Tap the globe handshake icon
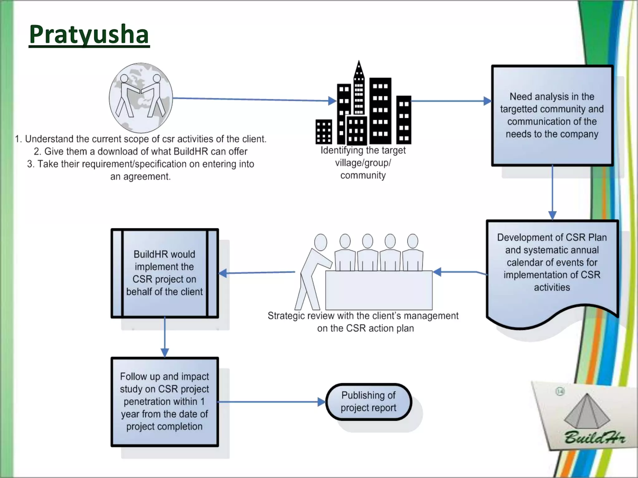(141, 98)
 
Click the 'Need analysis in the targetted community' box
(552, 115)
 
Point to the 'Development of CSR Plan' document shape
(552, 268)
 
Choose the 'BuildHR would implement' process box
(164, 273)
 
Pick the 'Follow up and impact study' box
(164, 401)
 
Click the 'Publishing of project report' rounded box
(369, 401)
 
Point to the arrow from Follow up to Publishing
(271, 402)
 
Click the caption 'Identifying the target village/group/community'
(363, 163)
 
